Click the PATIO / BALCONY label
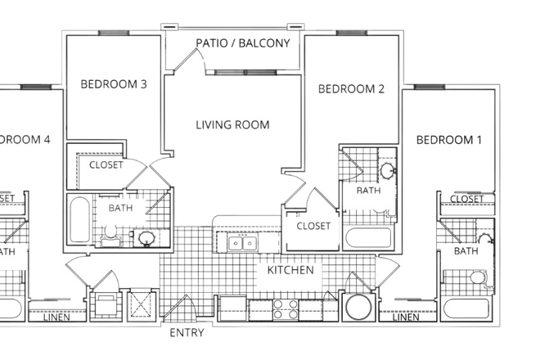coord(242,43)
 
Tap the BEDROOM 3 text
coord(113,83)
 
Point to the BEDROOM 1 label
coord(449,140)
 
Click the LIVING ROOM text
coord(232,125)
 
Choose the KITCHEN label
coord(290,269)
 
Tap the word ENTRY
coord(187,333)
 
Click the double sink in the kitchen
coord(242,243)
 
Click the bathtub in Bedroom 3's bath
coord(80,220)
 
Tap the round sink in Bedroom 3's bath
coord(146,238)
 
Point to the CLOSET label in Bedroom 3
coord(106,165)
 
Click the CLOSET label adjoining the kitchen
coord(313,226)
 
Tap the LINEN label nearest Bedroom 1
coord(406,317)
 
